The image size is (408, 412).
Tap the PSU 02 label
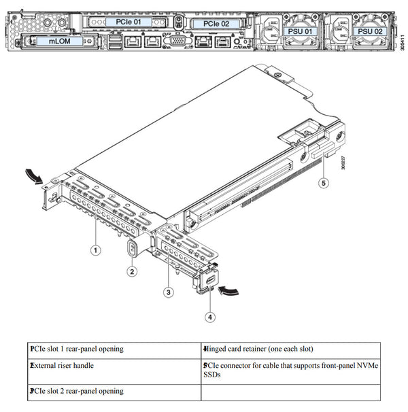click(x=370, y=32)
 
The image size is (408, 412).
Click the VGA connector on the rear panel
click(x=178, y=42)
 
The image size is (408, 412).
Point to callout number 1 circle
click(x=96, y=250)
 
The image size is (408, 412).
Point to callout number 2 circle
click(x=133, y=271)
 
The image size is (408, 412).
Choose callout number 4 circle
click(x=210, y=316)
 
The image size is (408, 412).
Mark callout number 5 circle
click(x=324, y=182)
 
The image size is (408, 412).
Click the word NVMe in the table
click(x=366, y=365)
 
